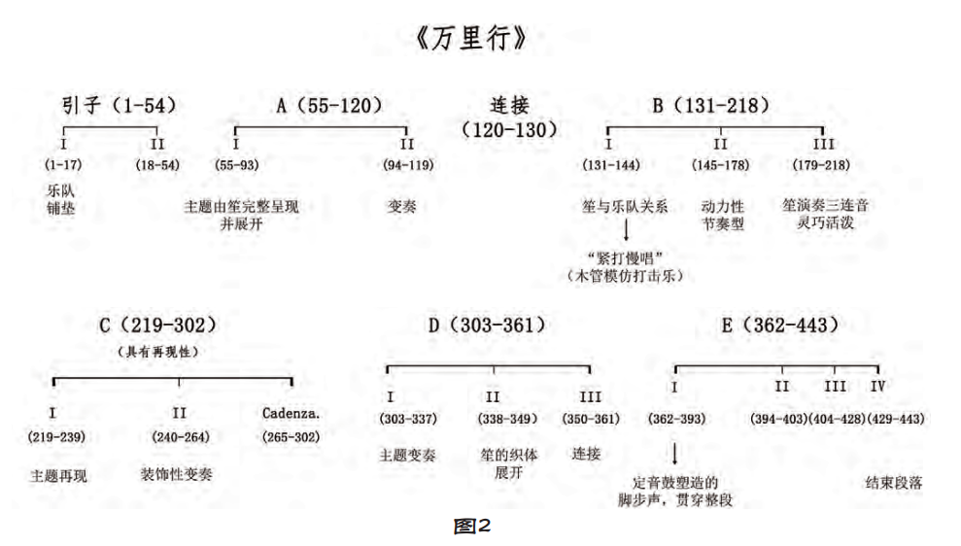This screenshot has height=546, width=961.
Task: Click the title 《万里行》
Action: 470,38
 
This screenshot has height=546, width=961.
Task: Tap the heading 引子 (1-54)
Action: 119,105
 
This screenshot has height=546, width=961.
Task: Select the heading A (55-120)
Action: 328,105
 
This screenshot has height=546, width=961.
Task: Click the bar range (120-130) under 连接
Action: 509,130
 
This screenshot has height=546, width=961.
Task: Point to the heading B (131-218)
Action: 710,105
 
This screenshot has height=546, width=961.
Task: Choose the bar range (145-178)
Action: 720,165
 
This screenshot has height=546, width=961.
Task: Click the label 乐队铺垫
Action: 60,199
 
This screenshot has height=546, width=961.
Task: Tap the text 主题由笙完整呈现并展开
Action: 242,215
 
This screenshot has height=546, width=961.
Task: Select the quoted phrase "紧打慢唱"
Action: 625,257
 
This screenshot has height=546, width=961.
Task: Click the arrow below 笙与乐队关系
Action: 626,230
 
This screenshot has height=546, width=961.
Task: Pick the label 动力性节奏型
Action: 723,215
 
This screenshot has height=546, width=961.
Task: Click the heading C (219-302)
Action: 157,324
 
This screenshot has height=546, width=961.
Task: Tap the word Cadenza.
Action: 292,413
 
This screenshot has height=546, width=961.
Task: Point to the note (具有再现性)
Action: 157,352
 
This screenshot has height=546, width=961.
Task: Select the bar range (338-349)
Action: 507,419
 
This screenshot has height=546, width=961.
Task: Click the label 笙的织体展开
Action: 509,463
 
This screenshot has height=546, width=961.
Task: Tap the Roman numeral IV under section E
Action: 877,386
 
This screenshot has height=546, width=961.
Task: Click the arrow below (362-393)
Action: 674,454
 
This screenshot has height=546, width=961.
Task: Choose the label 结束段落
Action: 894,483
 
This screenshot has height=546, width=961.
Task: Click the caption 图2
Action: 472,526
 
